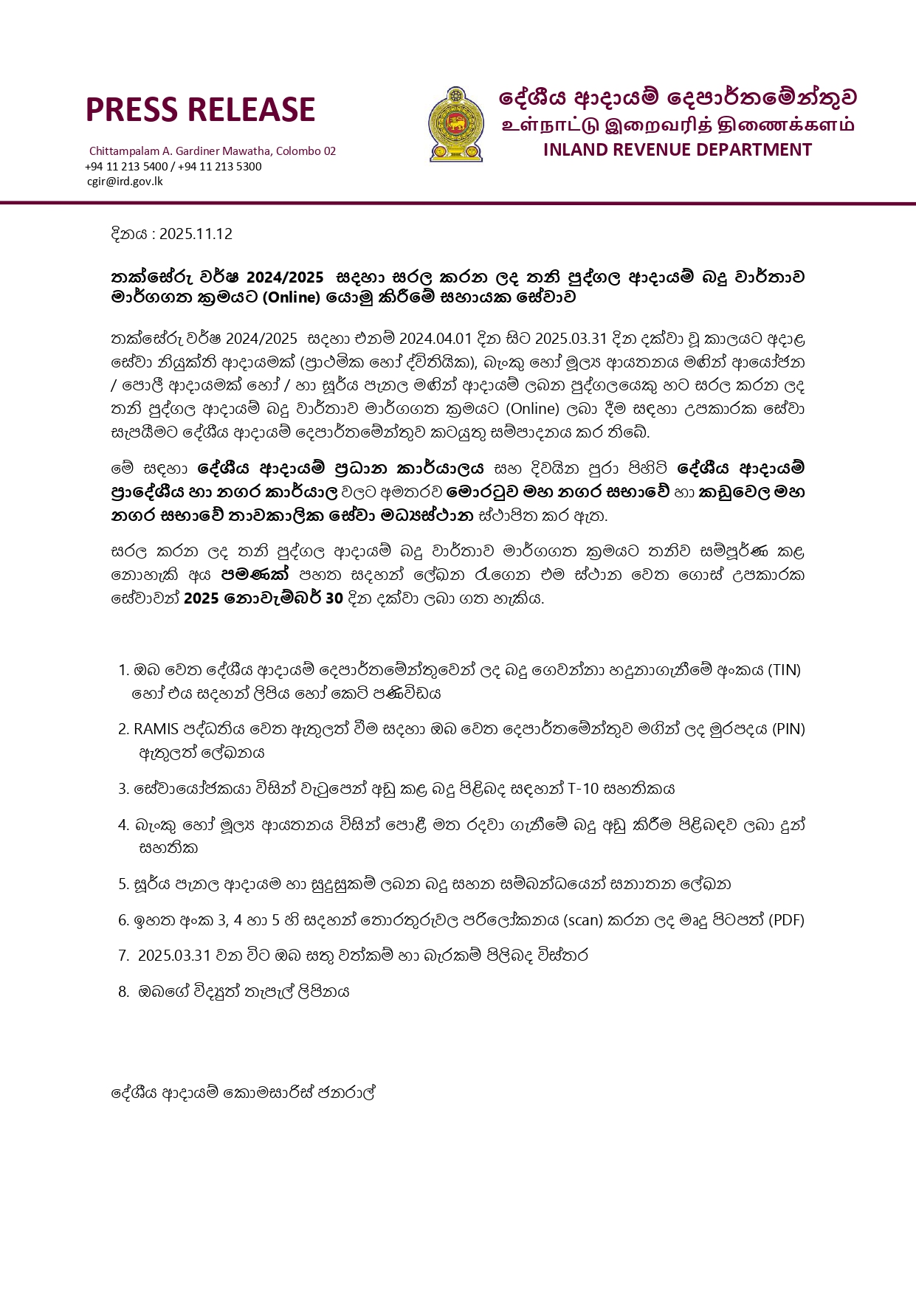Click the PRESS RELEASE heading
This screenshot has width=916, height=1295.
coord(200,109)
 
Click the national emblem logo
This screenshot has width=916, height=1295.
coord(456,125)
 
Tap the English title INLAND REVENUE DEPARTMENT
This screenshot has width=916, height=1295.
coord(677,150)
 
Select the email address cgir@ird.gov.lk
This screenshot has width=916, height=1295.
coord(125,181)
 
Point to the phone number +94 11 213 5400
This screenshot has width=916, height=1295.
coord(126,166)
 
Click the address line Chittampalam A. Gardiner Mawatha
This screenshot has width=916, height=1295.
coord(213,151)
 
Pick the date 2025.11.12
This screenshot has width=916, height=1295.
coord(196,234)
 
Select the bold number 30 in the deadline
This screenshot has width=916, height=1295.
coord(334,598)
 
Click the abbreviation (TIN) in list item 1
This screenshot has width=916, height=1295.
coord(784,670)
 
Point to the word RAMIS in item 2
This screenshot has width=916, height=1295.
coord(156,729)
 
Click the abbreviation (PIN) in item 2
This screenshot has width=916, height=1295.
coord(788,729)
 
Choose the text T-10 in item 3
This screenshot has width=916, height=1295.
coord(582,789)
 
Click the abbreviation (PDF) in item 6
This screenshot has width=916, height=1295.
coord(786,920)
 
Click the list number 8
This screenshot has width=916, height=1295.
coord(123,992)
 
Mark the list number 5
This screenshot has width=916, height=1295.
coord(123,884)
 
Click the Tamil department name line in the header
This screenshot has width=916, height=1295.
coord(677,124)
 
